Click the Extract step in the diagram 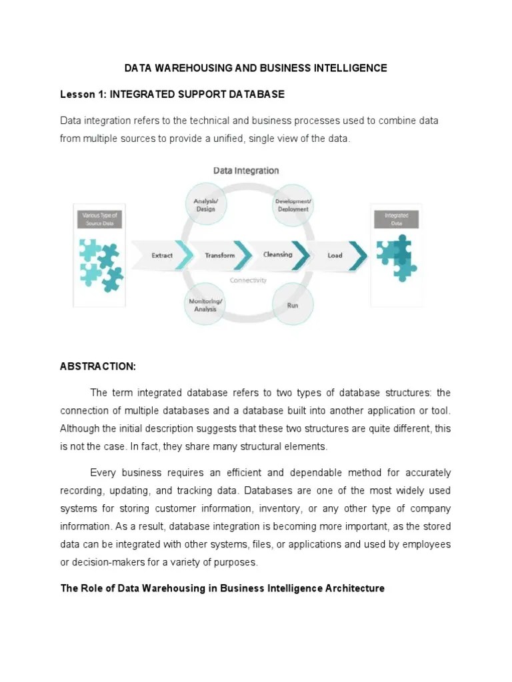(x=162, y=255)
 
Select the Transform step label (x=220, y=255)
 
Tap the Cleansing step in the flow (x=277, y=254)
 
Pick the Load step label (x=335, y=255)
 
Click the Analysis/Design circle (x=205, y=204)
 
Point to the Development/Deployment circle (x=293, y=204)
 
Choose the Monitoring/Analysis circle (x=206, y=305)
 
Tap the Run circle (x=293, y=306)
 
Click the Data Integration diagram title (x=246, y=170)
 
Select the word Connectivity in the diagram (x=248, y=280)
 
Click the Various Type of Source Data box (x=99, y=219)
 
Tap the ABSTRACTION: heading (x=98, y=366)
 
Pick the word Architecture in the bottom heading (x=354, y=589)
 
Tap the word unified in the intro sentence (x=239, y=139)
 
